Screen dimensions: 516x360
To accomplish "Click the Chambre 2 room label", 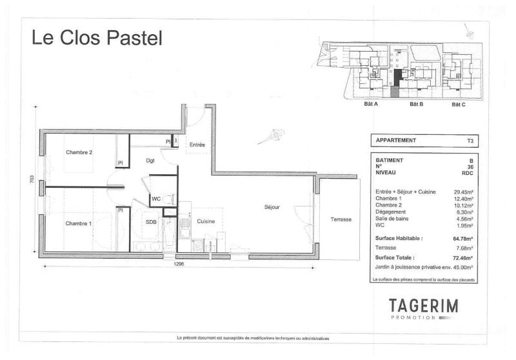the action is pyautogui.click(x=79, y=152).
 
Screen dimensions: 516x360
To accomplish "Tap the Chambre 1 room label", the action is pyautogui.click(x=78, y=223).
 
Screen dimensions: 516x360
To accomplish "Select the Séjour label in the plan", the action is pyautogui.click(x=272, y=207).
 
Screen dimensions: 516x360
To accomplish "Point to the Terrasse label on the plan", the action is pyautogui.click(x=341, y=219).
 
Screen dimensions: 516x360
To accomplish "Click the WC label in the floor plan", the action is pyautogui.click(x=156, y=199).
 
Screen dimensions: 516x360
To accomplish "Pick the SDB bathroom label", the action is pyautogui.click(x=151, y=222).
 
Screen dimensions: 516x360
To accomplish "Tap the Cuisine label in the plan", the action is pyautogui.click(x=206, y=221).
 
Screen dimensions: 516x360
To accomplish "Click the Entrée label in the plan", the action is pyautogui.click(x=197, y=145).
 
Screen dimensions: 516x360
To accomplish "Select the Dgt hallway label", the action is pyautogui.click(x=150, y=161).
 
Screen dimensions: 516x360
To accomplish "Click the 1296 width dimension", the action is pyautogui.click(x=179, y=264).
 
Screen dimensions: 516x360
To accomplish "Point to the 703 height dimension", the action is pyautogui.click(x=32, y=179).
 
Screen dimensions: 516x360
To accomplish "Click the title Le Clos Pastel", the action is pyautogui.click(x=97, y=37).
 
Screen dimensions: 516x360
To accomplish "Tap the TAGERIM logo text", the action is pyautogui.click(x=424, y=306).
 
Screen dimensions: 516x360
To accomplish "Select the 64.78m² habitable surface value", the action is pyautogui.click(x=463, y=239).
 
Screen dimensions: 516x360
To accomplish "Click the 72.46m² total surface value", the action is pyautogui.click(x=463, y=258).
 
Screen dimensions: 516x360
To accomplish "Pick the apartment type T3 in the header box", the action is pyautogui.click(x=470, y=141).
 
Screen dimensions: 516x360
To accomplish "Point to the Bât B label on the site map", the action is pyautogui.click(x=416, y=104).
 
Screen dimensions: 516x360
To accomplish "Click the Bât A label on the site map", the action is pyautogui.click(x=371, y=104).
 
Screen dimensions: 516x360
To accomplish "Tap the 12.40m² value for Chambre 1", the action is pyautogui.click(x=463, y=199).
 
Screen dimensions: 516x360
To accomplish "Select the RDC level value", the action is pyautogui.click(x=468, y=173).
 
